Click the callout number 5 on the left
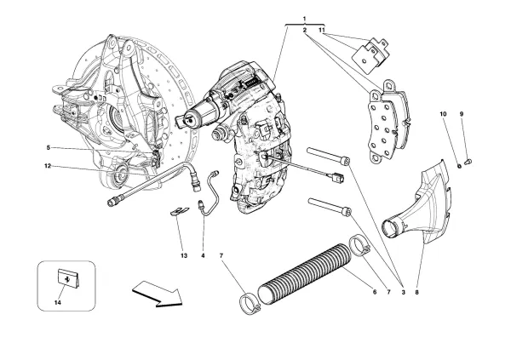(49, 147)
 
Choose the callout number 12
(49, 166)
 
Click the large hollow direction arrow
(157, 294)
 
